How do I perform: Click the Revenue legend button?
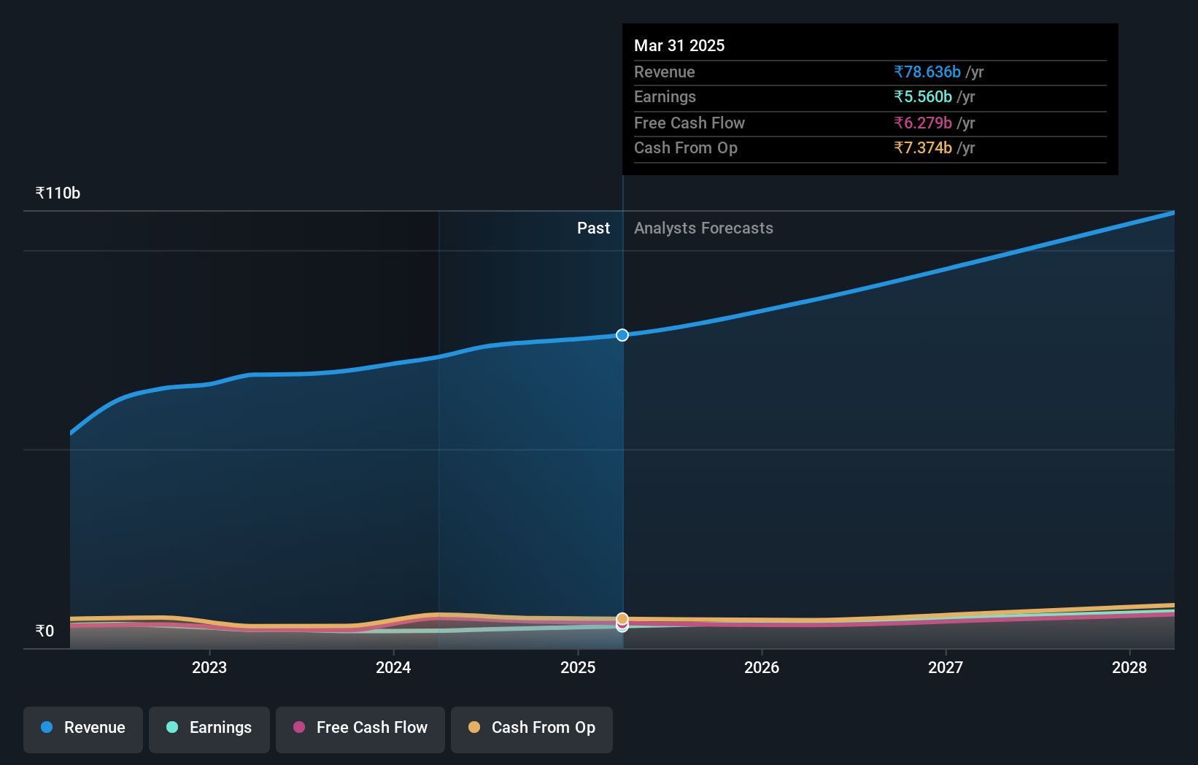(x=83, y=729)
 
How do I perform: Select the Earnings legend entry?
(x=209, y=729)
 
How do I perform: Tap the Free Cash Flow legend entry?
(x=360, y=729)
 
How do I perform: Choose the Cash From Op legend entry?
(x=532, y=729)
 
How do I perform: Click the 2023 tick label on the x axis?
(x=209, y=668)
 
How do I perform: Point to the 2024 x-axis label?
(x=393, y=668)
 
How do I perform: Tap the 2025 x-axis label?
(x=578, y=668)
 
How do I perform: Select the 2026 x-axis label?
(x=762, y=668)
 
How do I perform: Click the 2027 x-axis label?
(x=946, y=668)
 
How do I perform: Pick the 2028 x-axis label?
(x=1129, y=668)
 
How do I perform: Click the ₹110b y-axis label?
(x=58, y=193)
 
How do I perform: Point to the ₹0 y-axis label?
(x=45, y=631)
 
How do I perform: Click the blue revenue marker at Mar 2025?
(x=622, y=335)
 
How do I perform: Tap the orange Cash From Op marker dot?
(x=622, y=618)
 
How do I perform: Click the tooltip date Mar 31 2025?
(x=679, y=46)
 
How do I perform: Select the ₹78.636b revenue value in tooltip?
(x=927, y=72)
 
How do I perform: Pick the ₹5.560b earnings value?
(x=923, y=97)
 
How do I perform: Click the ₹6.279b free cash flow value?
(x=923, y=123)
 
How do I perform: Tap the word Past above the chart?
(x=593, y=228)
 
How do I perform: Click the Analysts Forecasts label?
(x=703, y=228)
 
